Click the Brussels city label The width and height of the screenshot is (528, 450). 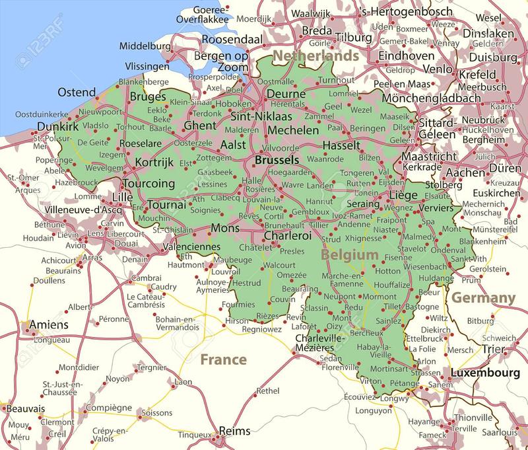[x=277, y=160]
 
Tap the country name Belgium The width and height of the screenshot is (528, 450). [x=350, y=254]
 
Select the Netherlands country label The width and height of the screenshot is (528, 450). [x=316, y=56]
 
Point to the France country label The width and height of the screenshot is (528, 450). [x=223, y=359]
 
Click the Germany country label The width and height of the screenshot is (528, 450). [x=483, y=298]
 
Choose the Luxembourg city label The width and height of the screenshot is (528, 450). [x=484, y=373]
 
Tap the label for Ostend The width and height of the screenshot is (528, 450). [x=77, y=91]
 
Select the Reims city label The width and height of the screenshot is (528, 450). [x=235, y=431]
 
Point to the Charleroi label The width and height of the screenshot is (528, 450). [x=287, y=235]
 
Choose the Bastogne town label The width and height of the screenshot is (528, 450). [x=421, y=307]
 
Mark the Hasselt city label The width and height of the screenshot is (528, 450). [x=341, y=145]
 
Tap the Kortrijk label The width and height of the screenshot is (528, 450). [x=154, y=162]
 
